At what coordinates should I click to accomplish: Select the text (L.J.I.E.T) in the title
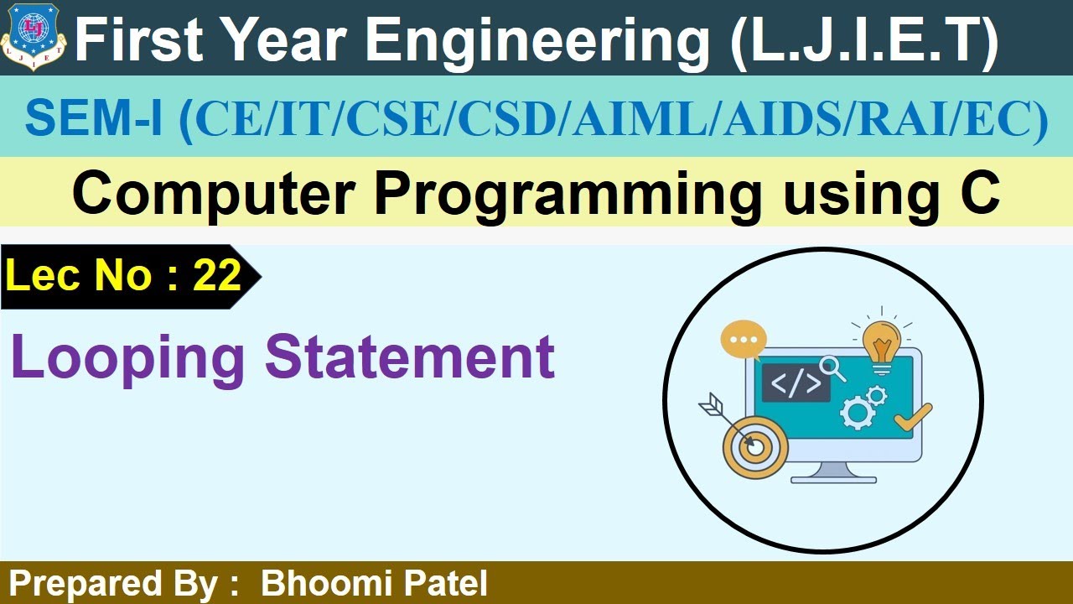tap(863, 40)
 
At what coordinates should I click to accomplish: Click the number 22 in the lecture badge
tap(217, 275)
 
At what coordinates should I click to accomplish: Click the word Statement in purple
tap(410, 357)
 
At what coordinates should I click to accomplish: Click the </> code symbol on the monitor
tap(796, 383)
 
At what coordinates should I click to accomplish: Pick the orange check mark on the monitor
tap(912, 417)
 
